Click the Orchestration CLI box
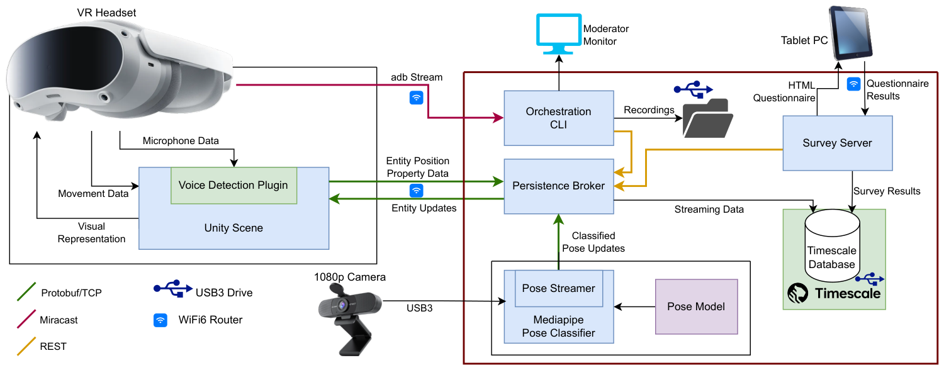(559, 118)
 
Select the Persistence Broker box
(559, 186)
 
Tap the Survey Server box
(838, 143)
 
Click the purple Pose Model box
(696, 307)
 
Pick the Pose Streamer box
(559, 289)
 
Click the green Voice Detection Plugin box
(234, 186)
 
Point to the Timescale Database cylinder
(832, 245)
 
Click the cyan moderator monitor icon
(559, 34)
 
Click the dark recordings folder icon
(707, 118)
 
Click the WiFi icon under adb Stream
(417, 98)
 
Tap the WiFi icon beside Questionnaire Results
(853, 84)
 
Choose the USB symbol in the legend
(173, 288)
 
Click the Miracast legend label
(59, 320)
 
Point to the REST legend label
(53, 346)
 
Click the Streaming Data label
(709, 210)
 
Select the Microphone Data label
(181, 141)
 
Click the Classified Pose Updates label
(593, 242)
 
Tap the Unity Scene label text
(233, 228)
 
